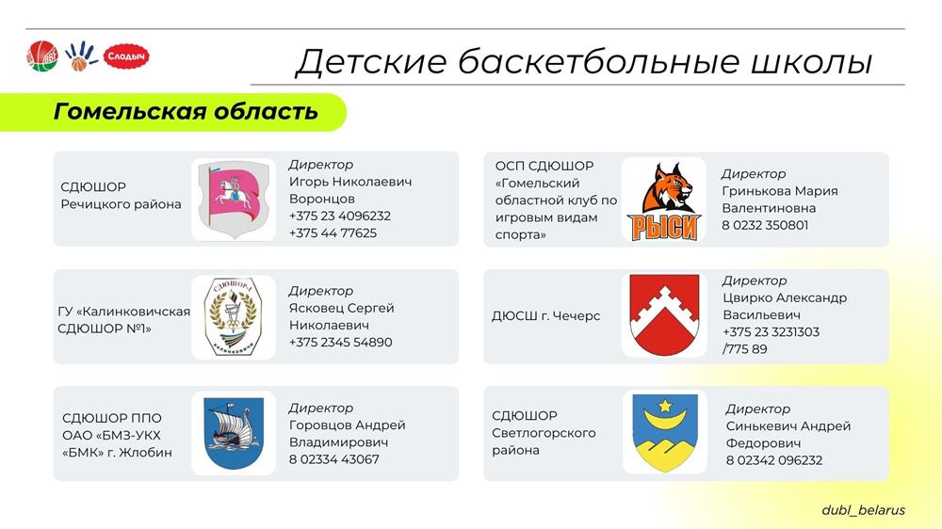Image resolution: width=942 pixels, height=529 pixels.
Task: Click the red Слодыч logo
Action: point(126,56)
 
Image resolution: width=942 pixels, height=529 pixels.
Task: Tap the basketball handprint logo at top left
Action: point(80,56)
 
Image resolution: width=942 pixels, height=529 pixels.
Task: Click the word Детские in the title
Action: point(372,62)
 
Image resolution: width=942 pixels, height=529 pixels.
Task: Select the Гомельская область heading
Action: point(186,112)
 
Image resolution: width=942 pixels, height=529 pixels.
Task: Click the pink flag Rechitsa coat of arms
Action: point(234,199)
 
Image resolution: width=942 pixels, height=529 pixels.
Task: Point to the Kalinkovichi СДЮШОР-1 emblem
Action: point(234,316)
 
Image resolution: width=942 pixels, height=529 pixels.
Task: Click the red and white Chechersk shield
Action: point(664,314)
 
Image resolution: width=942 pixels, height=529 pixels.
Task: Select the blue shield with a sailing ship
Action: point(234,433)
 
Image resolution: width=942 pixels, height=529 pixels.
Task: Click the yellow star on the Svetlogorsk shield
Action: point(665,407)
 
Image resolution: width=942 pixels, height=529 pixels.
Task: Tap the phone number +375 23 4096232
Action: point(340,216)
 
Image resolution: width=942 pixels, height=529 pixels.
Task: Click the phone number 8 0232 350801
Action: point(765,225)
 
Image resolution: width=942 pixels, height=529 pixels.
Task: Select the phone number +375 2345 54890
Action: point(341,343)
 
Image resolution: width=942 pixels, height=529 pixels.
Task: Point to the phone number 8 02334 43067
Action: point(334,459)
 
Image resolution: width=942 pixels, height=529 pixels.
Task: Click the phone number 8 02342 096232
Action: point(773,460)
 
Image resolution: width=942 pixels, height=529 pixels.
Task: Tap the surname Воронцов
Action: point(322,199)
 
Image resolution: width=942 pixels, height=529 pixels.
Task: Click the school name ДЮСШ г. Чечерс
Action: point(545,316)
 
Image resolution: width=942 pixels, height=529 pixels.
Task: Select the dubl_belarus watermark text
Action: point(863,510)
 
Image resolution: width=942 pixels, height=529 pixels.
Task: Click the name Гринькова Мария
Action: point(780,191)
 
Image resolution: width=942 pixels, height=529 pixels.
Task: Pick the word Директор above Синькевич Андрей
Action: point(757,409)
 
